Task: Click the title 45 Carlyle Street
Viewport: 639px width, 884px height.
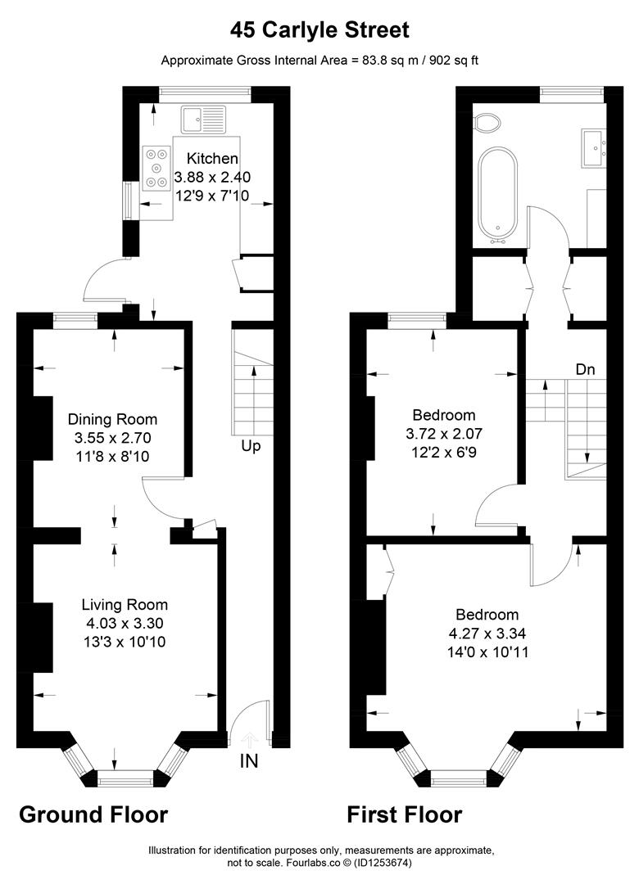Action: [319, 29]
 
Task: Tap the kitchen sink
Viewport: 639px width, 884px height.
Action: [203, 120]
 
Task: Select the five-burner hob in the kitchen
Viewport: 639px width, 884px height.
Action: [157, 168]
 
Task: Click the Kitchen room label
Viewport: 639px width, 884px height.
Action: [212, 158]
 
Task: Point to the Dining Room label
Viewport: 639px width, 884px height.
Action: [112, 419]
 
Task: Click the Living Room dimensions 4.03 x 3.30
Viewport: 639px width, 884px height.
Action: [125, 623]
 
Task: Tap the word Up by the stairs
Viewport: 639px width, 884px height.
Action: [251, 447]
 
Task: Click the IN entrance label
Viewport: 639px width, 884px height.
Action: [249, 761]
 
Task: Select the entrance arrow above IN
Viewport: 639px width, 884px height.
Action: [250, 739]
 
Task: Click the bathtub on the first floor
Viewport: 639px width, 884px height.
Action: [497, 195]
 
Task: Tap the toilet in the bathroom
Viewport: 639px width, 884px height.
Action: [487, 122]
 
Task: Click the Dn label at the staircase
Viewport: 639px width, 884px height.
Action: [586, 369]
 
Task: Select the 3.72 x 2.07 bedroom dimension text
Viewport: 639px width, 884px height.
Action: [444, 434]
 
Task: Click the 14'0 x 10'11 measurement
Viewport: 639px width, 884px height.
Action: [487, 652]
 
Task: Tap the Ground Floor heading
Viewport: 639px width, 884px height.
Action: [93, 814]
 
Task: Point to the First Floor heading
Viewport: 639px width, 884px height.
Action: [404, 814]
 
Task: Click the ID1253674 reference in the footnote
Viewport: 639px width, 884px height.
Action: [382, 863]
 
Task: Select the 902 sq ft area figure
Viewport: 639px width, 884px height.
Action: [454, 61]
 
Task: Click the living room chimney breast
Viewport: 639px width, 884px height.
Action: [43, 637]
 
